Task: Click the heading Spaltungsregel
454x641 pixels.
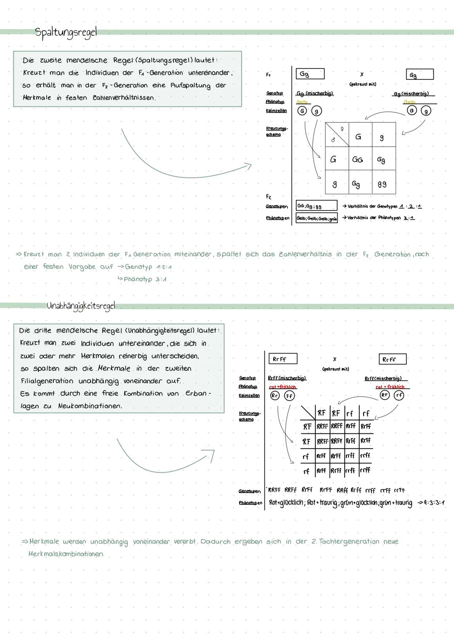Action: click(x=66, y=32)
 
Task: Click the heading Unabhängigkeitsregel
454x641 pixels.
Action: click(x=81, y=306)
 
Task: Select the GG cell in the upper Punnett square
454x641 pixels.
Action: click(x=357, y=160)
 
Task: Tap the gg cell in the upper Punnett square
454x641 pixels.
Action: click(x=382, y=184)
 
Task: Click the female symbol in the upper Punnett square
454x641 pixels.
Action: click(x=342, y=129)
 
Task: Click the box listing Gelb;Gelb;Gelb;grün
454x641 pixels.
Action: click(x=316, y=218)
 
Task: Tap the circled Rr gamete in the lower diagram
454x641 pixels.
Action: click(x=275, y=396)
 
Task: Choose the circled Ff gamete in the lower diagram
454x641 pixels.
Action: click(x=289, y=396)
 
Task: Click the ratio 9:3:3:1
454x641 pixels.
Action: click(x=431, y=503)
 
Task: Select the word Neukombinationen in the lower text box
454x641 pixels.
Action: click(x=90, y=406)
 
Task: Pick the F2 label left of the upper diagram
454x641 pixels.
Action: click(x=269, y=197)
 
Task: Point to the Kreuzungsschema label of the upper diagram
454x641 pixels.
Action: click(x=276, y=131)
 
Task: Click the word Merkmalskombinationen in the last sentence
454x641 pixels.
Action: click(x=66, y=554)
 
